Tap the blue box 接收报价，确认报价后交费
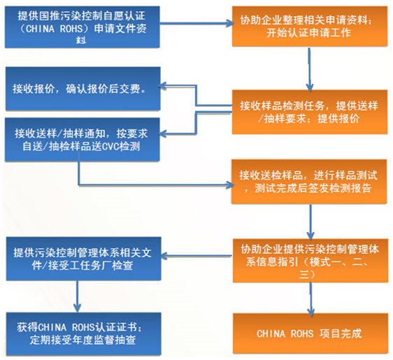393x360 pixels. (x=83, y=88)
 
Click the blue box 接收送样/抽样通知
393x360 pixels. (x=83, y=138)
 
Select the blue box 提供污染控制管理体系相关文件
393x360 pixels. (x=83, y=259)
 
